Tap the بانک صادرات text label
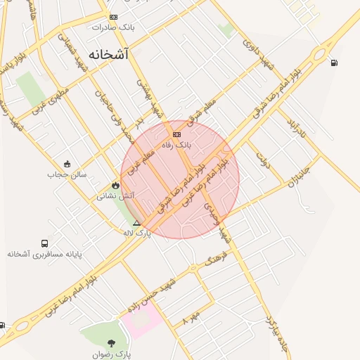coord(112,27)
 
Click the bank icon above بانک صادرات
coord(113,18)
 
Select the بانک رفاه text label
coord(176,144)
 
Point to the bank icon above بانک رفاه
coord(176,134)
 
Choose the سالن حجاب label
coord(67,174)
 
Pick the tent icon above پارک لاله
coord(137,223)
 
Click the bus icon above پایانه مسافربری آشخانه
coord(45,243)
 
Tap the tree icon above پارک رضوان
coord(111,343)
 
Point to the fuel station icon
coord(333,63)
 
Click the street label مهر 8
coord(191,317)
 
